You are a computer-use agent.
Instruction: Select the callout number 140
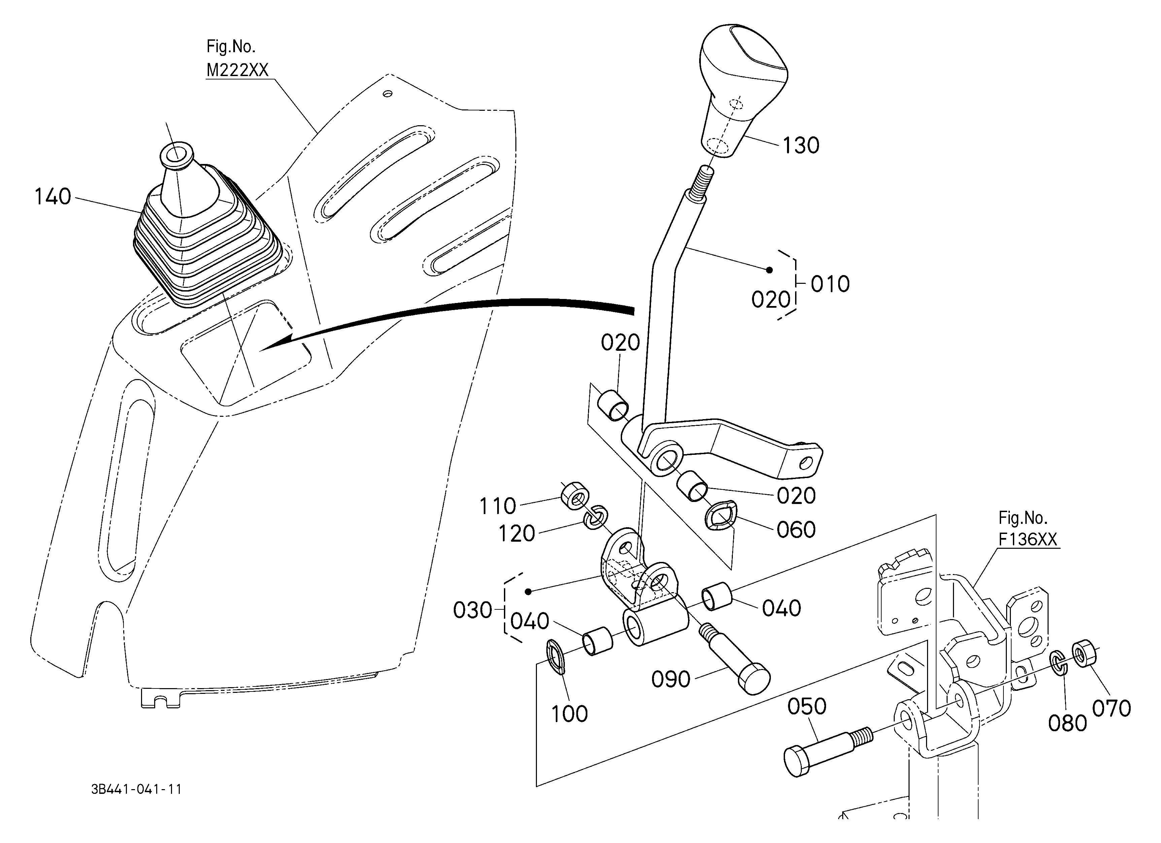[52, 197]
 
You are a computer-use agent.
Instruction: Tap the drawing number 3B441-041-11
[136, 789]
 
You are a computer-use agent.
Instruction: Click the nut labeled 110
[575, 496]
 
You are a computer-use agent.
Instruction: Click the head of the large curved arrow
[276, 343]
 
